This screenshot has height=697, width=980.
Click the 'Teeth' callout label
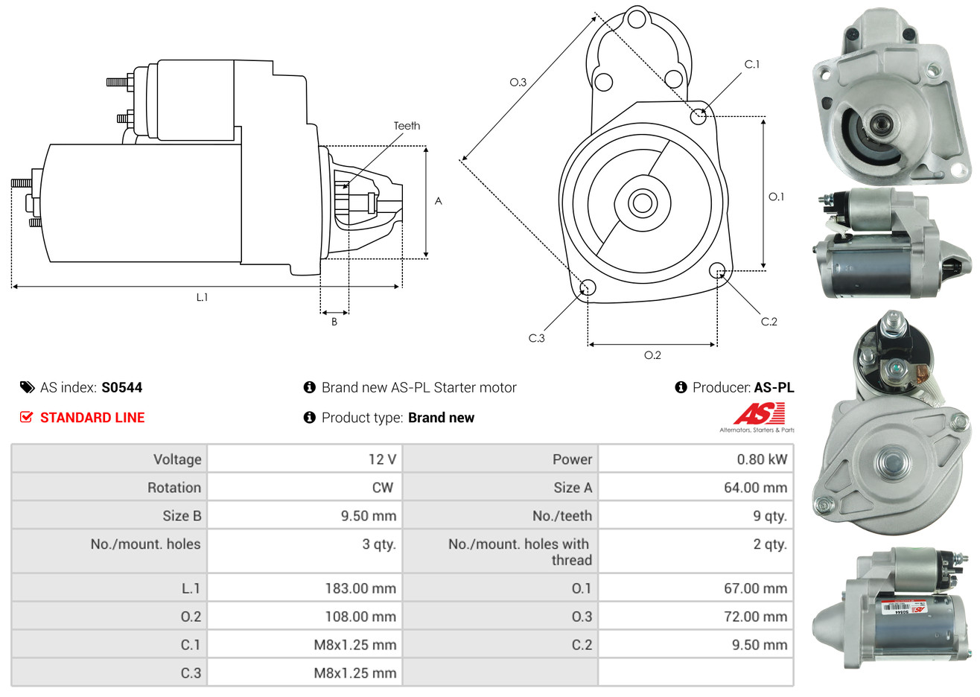[407, 126]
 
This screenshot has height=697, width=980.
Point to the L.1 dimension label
[202, 297]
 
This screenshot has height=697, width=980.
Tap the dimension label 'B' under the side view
[334, 322]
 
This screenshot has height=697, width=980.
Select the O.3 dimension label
[518, 82]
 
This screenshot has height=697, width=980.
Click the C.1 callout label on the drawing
[752, 65]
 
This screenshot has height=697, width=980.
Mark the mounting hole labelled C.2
[717, 270]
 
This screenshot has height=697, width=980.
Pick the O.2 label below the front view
[652, 355]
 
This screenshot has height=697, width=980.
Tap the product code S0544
[121, 387]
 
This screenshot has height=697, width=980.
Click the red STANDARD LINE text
[92, 418]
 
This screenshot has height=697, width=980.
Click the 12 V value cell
[382, 459]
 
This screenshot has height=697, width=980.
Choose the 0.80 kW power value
[762, 459]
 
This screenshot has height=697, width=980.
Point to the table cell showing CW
[382, 488]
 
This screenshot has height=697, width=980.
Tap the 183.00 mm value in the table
[360, 588]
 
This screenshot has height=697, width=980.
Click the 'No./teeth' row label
[562, 516]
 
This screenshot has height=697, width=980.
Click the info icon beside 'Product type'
[310, 418]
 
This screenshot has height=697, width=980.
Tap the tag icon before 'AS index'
[27, 387]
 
